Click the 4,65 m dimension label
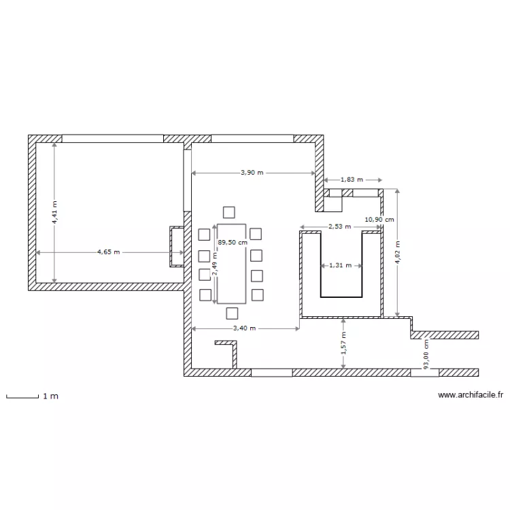pyautogui.click(x=108, y=252)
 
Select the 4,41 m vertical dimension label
pyautogui.click(x=55, y=211)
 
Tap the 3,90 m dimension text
pyautogui.click(x=252, y=173)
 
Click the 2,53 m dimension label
pyautogui.click(x=339, y=226)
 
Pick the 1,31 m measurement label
pyautogui.click(x=340, y=265)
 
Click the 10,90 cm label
pyautogui.click(x=379, y=220)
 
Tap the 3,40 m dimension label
pyautogui.click(x=245, y=328)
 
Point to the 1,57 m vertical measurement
pyautogui.click(x=344, y=343)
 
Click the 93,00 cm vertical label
pyautogui.click(x=426, y=355)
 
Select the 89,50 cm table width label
pyautogui.click(x=232, y=241)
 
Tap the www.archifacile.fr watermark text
pyautogui.click(x=471, y=394)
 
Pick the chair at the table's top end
pyautogui.click(x=229, y=211)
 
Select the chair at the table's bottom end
pyautogui.click(x=232, y=313)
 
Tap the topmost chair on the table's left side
pyautogui.click(x=205, y=235)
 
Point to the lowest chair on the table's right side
pyautogui.click(x=256, y=294)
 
